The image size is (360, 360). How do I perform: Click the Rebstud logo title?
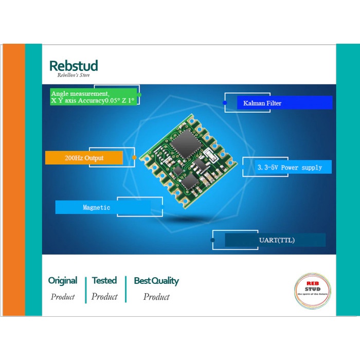74,66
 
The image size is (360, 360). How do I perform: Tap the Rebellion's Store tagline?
74,75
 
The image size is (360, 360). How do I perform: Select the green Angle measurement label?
94,97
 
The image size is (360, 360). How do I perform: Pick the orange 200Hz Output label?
84,158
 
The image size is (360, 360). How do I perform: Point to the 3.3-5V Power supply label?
289,167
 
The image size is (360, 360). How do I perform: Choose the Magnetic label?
97,207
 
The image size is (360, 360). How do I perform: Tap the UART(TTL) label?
276,240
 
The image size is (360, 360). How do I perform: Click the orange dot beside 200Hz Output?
134,157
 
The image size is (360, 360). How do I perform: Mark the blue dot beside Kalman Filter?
225,103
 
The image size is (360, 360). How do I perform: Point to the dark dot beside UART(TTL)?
213,240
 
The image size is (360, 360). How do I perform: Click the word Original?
63,281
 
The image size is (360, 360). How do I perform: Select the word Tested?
104,281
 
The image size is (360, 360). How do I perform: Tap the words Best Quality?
156,281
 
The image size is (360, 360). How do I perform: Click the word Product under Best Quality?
156,297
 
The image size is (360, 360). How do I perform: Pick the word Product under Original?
63,297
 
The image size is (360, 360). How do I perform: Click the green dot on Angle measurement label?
139,95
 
